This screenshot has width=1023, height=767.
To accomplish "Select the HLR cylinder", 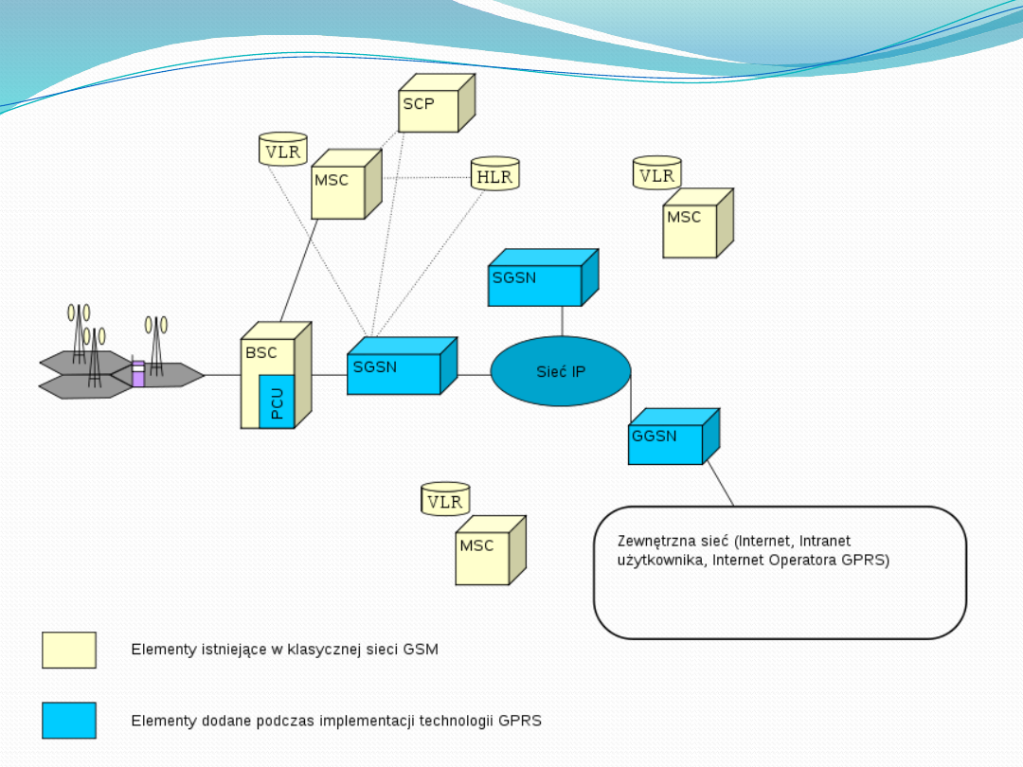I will click(x=495, y=175).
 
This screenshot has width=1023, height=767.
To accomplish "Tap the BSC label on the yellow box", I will click(x=261, y=353).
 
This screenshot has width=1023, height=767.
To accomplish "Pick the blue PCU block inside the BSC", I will click(x=277, y=401).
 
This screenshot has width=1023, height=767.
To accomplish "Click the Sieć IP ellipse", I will click(x=561, y=371).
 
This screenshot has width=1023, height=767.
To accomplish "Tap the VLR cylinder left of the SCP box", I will click(x=283, y=150).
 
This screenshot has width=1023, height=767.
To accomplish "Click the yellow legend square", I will click(x=69, y=651).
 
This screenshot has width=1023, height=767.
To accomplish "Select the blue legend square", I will click(x=69, y=721).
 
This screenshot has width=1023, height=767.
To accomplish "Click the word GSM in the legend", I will click(x=422, y=651).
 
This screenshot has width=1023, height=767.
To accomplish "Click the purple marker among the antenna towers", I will click(x=138, y=374).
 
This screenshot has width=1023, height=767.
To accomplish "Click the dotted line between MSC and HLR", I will click(x=426, y=177).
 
